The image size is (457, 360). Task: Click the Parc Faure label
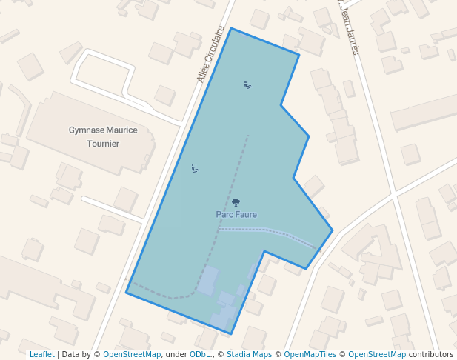(x=236, y=214)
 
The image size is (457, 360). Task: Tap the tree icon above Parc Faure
(x=236, y=202)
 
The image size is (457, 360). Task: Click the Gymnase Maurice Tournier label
(x=103, y=136)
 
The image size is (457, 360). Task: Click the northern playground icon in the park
(x=247, y=85)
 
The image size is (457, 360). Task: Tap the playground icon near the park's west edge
(x=195, y=169)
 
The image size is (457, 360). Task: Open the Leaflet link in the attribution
(x=41, y=354)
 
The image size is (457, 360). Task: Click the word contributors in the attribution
(x=431, y=354)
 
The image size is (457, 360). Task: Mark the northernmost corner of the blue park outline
(x=231, y=28)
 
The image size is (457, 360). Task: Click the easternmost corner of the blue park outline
(x=333, y=230)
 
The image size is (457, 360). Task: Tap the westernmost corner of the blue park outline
(x=126, y=293)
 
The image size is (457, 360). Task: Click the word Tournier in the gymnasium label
(x=103, y=144)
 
